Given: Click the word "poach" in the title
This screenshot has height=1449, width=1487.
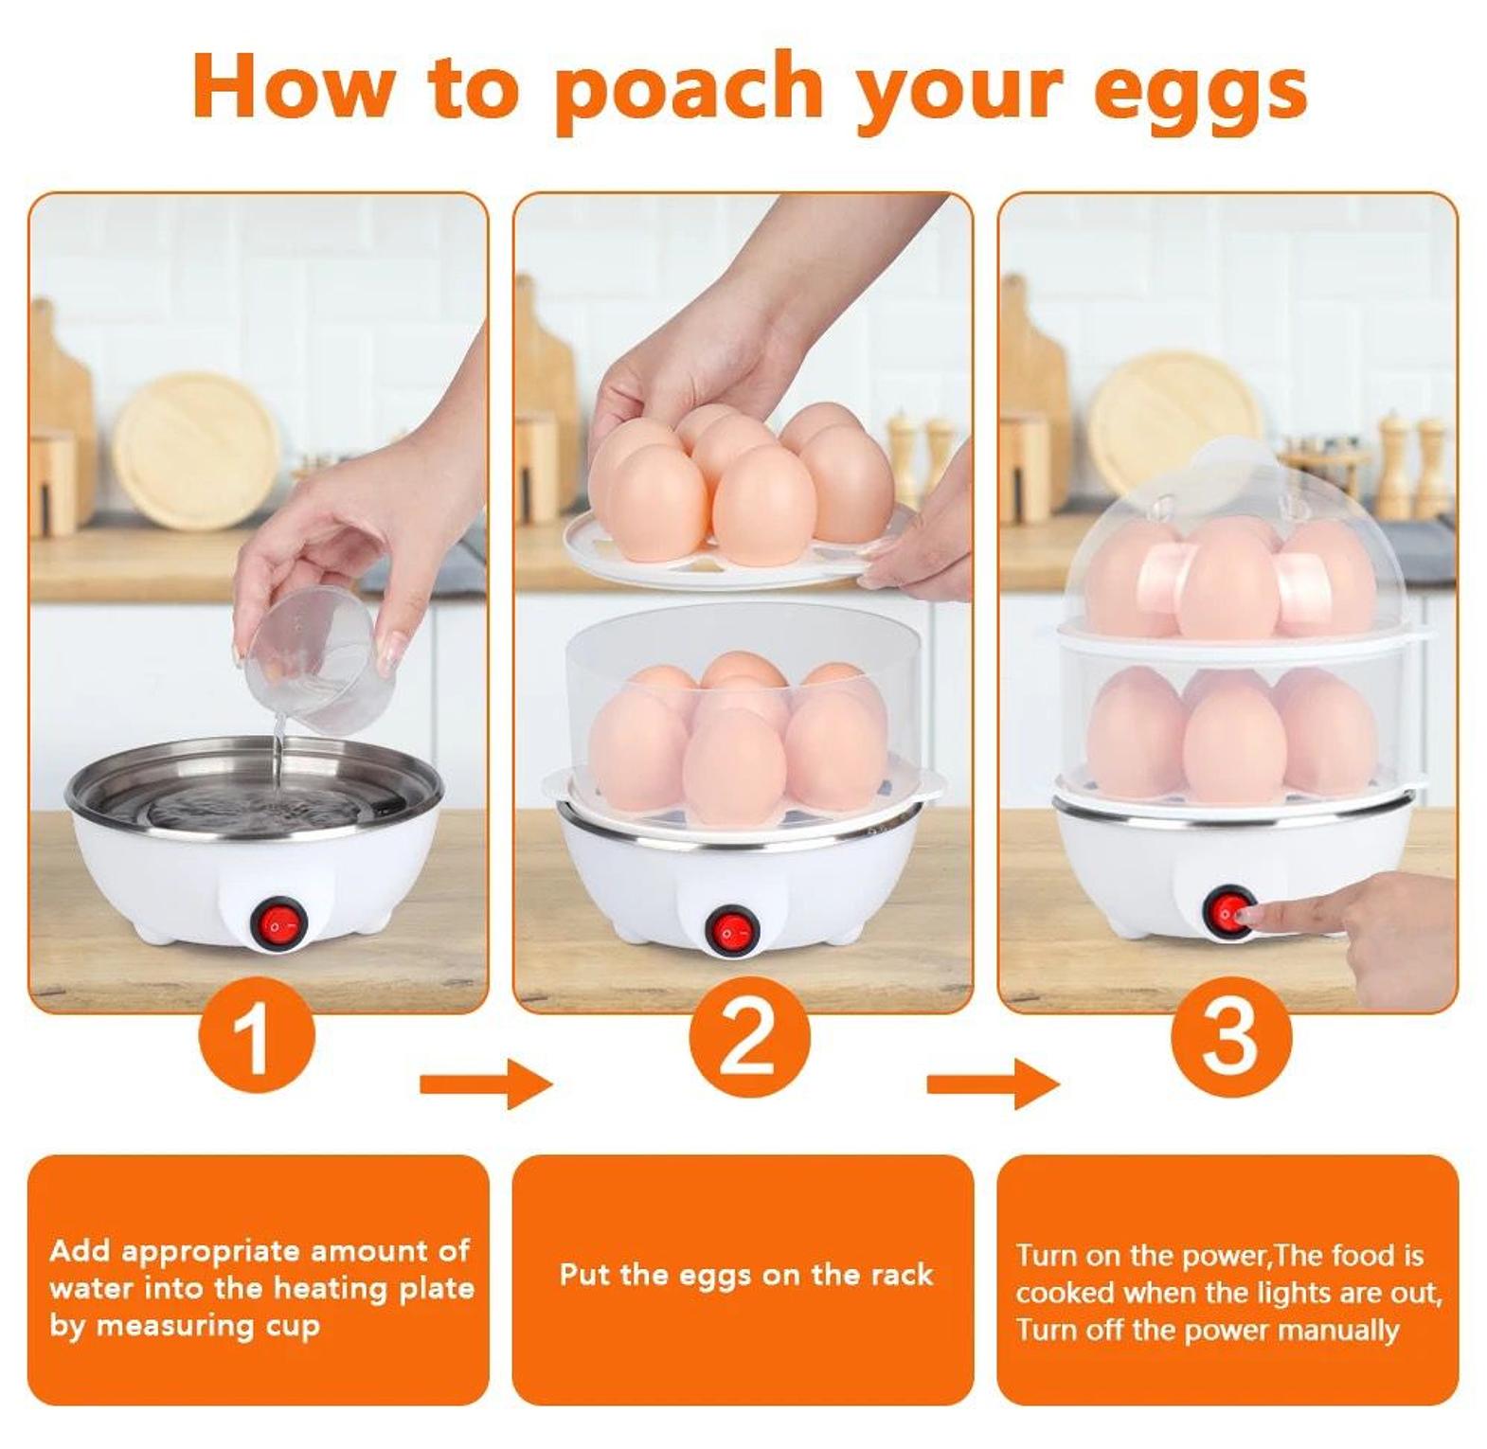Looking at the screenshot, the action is (689, 90).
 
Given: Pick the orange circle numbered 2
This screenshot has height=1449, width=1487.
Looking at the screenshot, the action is (748, 1037).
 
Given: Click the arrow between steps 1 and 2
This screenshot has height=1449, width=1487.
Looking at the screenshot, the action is (485, 1082).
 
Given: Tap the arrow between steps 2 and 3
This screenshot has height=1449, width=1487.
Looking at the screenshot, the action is (994, 1082).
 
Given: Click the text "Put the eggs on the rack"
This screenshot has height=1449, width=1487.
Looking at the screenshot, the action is (745, 1275).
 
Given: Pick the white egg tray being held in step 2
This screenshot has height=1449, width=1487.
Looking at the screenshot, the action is (739, 546).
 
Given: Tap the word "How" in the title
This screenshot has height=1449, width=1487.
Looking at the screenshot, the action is (295, 87).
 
